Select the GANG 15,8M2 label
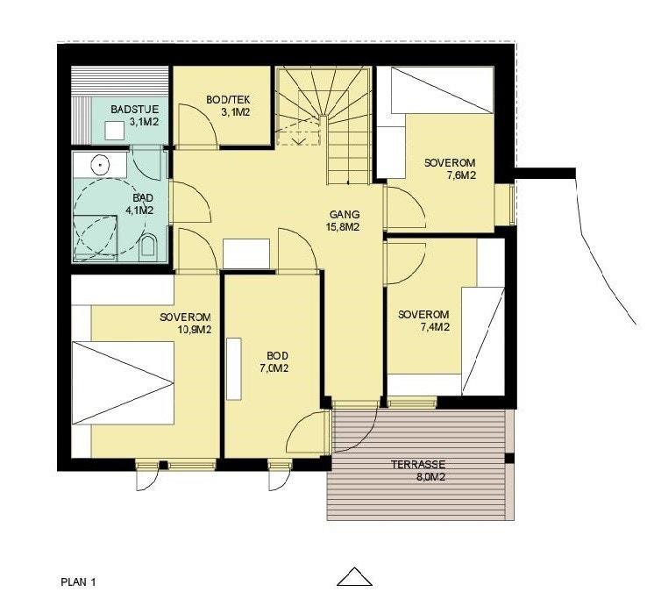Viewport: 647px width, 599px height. (x=345, y=221)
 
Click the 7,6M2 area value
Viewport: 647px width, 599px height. (x=461, y=175)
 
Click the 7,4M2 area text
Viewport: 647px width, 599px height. (x=435, y=327)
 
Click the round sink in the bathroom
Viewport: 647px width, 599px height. (x=101, y=163)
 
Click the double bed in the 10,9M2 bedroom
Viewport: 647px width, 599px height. (x=123, y=382)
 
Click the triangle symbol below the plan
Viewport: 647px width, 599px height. (x=354, y=576)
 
